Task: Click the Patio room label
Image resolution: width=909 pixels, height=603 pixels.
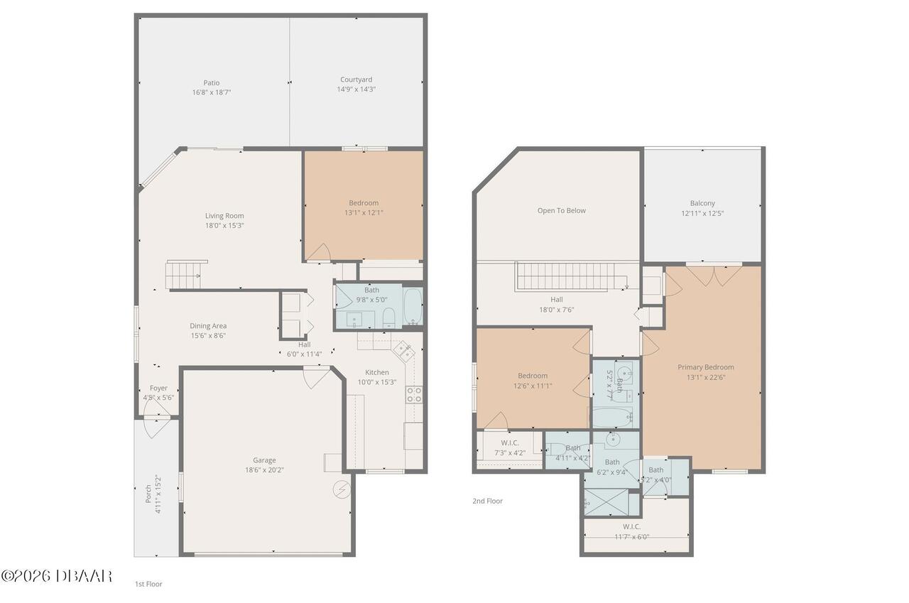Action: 212,83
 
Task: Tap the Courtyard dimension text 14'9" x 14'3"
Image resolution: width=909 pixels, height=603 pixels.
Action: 356,89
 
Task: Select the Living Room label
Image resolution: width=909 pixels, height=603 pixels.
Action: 224,216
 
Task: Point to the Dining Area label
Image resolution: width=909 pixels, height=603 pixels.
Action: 208,326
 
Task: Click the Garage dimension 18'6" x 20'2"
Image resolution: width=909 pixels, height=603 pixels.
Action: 264,470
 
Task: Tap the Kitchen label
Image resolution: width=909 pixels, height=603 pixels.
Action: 377,372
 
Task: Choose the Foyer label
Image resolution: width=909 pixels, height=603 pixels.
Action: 158,388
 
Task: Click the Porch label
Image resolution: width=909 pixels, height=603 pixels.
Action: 148,494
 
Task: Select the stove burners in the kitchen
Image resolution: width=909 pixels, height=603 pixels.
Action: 414,395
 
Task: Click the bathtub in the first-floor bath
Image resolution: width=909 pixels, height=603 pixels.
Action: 413,306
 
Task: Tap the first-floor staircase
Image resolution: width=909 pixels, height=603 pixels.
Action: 183,275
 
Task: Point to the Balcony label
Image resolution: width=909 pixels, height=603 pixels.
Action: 702,203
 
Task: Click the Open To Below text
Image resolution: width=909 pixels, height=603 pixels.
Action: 562,211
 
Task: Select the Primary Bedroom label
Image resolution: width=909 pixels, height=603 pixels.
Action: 706,367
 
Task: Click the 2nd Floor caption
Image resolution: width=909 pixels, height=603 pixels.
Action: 487,501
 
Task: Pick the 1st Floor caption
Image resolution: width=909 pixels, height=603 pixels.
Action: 148,584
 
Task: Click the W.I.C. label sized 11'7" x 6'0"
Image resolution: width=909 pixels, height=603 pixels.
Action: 632,527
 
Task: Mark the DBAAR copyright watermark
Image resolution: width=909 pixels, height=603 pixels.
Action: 56,576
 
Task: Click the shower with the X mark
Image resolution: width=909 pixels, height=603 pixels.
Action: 606,502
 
